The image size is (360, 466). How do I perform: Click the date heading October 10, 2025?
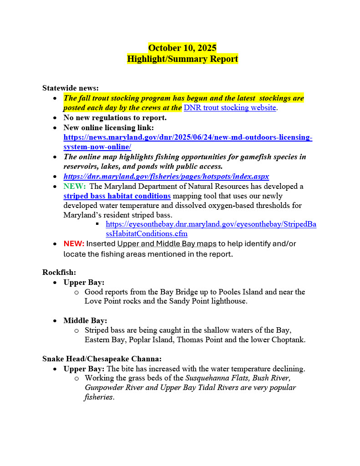[182, 48]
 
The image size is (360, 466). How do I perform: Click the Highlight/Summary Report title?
[182, 59]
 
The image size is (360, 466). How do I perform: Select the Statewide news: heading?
[70, 88]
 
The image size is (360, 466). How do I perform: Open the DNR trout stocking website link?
[230, 108]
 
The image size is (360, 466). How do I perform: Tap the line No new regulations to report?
[115, 117]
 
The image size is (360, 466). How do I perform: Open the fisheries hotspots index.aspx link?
[166, 176]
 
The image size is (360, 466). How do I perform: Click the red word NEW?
[74, 244]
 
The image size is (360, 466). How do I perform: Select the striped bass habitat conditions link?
[117, 196]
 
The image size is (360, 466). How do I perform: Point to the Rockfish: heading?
[59, 272]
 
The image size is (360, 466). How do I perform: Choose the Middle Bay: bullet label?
[85, 320]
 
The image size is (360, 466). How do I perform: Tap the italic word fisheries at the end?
[99, 397]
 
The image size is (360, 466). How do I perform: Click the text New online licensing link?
[108, 127]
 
